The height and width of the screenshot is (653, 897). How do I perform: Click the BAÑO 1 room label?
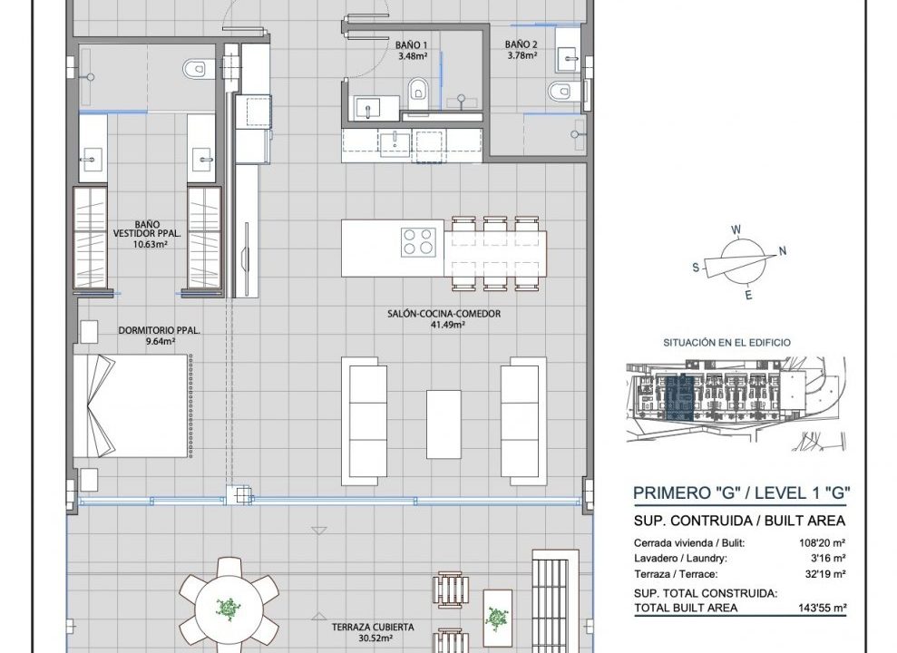(x=411, y=45)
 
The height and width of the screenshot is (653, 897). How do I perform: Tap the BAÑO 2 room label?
(x=521, y=44)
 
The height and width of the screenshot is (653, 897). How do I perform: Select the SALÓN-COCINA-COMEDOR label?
(x=444, y=314)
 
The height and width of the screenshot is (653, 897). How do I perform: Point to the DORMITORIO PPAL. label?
(x=159, y=330)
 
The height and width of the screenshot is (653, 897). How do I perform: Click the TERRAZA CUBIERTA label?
(x=373, y=628)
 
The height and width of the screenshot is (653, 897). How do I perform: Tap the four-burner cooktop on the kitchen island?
(x=418, y=240)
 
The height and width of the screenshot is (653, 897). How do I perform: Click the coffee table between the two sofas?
(x=444, y=424)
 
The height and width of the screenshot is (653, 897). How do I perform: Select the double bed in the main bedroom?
(x=131, y=405)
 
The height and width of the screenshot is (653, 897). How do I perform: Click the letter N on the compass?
(x=783, y=250)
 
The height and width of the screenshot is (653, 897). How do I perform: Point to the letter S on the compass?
(x=696, y=267)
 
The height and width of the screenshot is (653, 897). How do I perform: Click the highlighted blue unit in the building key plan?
(x=679, y=396)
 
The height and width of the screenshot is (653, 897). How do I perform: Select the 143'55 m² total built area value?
(x=822, y=609)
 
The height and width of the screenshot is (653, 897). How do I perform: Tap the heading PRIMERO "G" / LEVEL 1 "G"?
(x=741, y=492)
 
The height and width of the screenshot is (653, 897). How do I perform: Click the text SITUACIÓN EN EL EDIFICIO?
(x=726, y=343)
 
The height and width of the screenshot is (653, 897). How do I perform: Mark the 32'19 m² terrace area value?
(x=825, y=574)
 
